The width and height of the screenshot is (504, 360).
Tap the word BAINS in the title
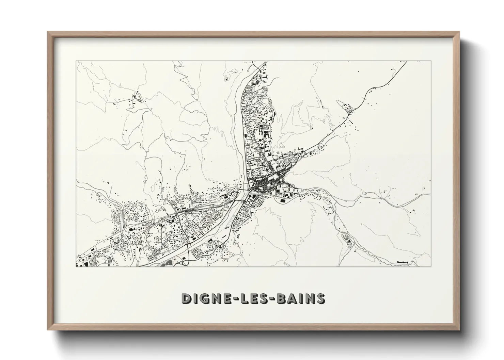(301, 298)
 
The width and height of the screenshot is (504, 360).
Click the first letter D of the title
(186, 298)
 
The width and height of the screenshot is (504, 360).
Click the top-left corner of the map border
(77, 61)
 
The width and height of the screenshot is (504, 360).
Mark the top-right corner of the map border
(431, 61)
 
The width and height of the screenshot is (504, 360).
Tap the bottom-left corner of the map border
(77, 267)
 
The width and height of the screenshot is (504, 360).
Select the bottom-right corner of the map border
(431, 267)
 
